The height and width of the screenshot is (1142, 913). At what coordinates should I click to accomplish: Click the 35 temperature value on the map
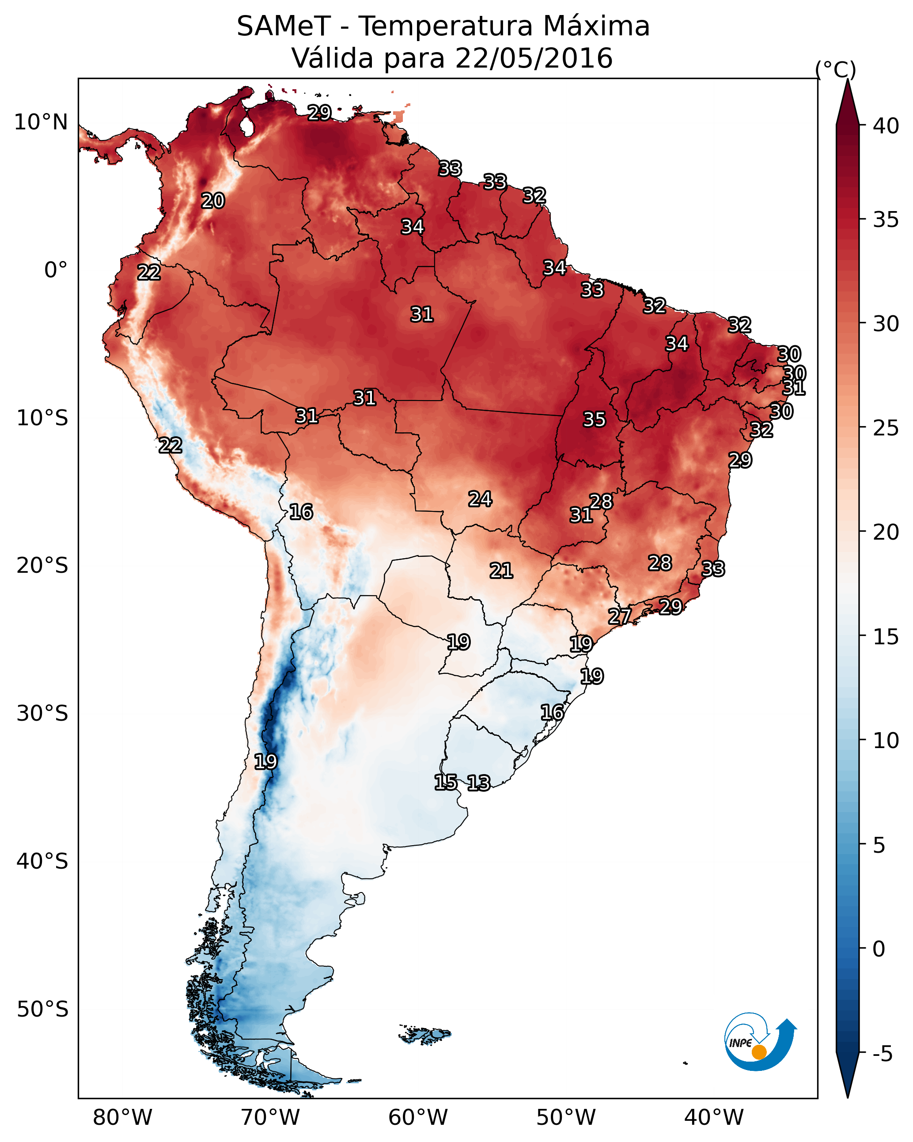pos(594,420)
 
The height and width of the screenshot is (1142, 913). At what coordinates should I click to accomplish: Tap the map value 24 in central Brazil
pos(480,499)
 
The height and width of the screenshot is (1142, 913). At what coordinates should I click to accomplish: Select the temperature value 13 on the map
pos(478,783)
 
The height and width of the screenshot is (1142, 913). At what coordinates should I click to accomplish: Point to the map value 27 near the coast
pos(619,616)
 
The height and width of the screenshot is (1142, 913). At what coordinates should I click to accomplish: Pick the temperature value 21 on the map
pos(501,571)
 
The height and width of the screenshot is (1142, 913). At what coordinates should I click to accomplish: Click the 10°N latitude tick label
pos(41,122)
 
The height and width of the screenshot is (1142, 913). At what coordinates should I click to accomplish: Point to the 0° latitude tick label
pos(56,270)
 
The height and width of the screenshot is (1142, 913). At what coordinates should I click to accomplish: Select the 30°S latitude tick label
pos(42,714)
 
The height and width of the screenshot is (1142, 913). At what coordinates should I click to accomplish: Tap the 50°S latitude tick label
pos(42,1010)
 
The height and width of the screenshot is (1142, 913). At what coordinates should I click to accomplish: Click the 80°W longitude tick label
pos(122,1118)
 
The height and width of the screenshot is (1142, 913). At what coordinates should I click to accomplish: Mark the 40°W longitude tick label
pos(714,1118)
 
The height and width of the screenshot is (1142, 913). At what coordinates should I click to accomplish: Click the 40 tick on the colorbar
pos(886,126)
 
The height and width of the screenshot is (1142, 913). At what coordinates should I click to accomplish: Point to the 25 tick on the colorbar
pos(886,428)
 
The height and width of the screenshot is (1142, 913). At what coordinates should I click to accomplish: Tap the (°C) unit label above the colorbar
pos(836,69)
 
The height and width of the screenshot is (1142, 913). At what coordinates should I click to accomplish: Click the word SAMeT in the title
pos(284,26)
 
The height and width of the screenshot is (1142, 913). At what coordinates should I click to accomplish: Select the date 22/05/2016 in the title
pos(534,58)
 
